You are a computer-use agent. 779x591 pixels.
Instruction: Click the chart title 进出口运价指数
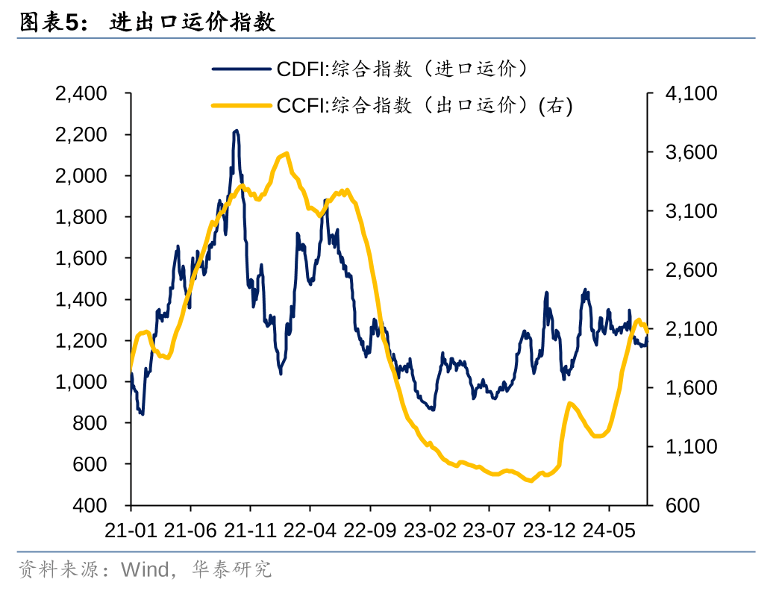click(193, 22)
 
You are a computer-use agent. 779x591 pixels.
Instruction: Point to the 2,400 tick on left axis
click(81, 94)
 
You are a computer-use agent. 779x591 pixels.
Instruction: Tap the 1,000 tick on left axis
click(81, 382)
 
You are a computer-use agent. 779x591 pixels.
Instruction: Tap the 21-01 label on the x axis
click(131, 531)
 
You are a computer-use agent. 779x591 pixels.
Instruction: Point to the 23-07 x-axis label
click(489, 531)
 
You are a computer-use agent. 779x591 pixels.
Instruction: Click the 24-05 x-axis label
click(608, 531)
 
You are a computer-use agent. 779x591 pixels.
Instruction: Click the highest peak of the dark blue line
click(236, 131)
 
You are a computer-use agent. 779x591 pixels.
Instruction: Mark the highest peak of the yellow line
click(287, 153)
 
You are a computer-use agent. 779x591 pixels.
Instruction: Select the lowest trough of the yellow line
click(531, 481)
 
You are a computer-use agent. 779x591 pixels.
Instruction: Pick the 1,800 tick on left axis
click(81, 217)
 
